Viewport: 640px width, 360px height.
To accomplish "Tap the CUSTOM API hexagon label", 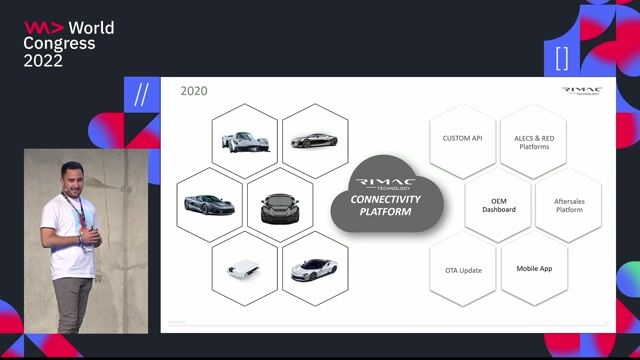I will click(x=462, y=138).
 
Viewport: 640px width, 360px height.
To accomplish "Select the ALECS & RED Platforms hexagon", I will click(x=534, y=141).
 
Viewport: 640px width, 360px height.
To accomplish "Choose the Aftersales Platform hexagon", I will click(x=568, y=205).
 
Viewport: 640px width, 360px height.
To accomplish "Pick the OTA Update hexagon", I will click(x=462, y=270).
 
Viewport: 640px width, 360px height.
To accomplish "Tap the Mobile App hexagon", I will click(x=534, y=269).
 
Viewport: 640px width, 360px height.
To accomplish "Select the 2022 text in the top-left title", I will click(x=44, y=61).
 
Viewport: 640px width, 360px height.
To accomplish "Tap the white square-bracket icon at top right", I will click(x=561, y=57).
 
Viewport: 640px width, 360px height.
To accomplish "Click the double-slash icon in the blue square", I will click(x=141, y=94).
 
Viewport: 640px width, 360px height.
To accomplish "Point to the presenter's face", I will click(x=69, y=177).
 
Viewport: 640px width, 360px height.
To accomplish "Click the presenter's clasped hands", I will click(x=90, y=236).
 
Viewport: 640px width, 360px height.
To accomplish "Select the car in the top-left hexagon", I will click(x=245, y=141).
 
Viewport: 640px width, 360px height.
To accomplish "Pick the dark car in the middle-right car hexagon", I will click(x=280, y=206).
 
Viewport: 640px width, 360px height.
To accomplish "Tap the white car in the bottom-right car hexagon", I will click(x=314, y=269).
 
